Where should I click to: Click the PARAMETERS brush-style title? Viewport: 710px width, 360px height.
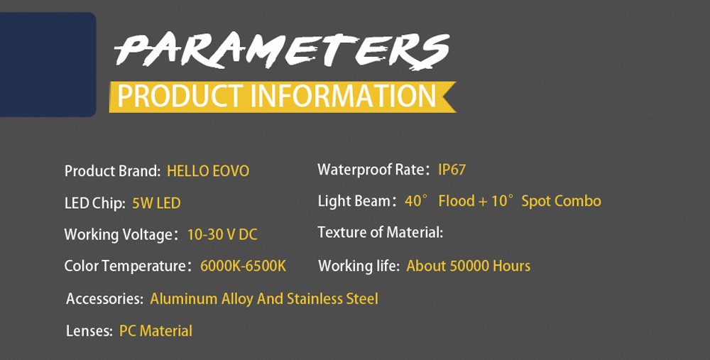click(282, 50)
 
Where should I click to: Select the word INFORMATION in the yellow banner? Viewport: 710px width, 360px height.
click(343, 96)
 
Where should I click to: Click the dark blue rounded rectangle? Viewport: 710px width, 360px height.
click(48, 65)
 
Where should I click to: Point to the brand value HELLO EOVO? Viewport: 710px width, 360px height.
click(208, 171)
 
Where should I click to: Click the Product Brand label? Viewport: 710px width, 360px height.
click(112, 171)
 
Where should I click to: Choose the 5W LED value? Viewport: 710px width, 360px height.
click(156, 203)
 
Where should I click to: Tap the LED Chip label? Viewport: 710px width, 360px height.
click(94, 203)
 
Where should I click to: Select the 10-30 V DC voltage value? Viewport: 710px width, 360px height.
click(222, 234)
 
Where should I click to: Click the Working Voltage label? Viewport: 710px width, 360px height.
click(119, 235)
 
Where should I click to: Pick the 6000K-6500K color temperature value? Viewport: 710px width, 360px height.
click(243, 266)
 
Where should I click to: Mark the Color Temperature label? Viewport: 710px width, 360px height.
click(125, 266)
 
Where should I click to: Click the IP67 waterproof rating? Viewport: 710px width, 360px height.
click(452, 170)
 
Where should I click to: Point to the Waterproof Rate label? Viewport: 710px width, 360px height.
click(372, 170)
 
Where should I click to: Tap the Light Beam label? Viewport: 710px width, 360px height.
click(354, 202)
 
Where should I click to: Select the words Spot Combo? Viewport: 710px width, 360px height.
click(561, 202)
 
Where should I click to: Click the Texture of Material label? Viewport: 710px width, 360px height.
click(381, 233)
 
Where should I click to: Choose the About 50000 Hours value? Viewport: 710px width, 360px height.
click(468, 266)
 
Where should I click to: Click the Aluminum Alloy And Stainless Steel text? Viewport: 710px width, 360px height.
click(264, 299)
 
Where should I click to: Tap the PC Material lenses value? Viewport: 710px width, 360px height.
click(155, 331)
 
